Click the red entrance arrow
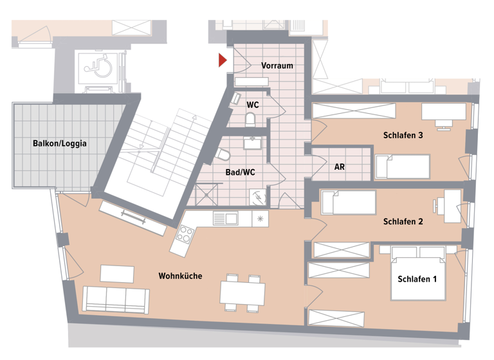222,60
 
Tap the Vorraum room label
277,66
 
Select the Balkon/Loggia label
60,143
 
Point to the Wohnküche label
180,276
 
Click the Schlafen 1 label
417,279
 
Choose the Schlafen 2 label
403,222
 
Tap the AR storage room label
340,166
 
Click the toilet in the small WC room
251,119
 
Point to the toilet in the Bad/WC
223,155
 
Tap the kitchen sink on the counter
226,219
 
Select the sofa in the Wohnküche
116,298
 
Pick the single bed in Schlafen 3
403,166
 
